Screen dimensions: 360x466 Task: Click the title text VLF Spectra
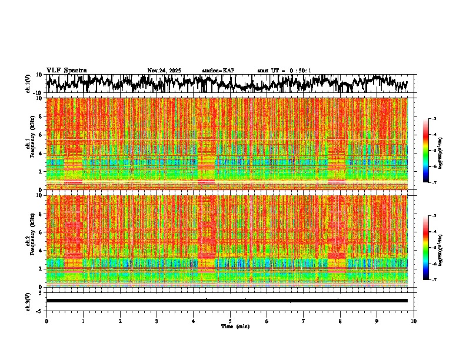(66, 71)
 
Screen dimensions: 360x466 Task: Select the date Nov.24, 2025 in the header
(164, 71)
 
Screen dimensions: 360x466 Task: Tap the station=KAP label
(218, 71)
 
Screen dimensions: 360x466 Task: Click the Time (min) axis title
(235, 326)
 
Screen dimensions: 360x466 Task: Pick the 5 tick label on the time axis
(231, 321)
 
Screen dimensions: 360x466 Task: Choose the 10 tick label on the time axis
(414, 321)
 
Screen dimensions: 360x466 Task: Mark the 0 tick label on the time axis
(46, 321)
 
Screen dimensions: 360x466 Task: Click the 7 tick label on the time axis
(304, 321)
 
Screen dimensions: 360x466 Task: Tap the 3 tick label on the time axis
(157, 321)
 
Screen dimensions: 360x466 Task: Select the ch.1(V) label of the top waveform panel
(28, 84)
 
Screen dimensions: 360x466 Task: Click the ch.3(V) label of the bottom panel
(28, 301)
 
